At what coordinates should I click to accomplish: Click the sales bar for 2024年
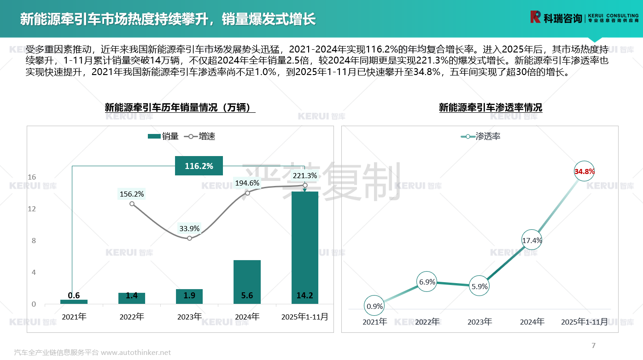coord(247,282)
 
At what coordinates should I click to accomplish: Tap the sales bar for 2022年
coord(132,298)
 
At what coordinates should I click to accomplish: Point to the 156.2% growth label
coord(132,194)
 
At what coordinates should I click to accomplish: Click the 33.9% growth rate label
coord(189,228)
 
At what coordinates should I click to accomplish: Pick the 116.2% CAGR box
coord(199,166)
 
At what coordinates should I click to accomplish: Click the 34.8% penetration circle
coord(585,172)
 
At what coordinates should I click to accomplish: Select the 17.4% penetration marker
coord(532,240)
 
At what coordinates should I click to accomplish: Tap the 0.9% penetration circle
coord(374,306)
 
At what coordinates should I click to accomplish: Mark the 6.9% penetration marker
coord(427,282)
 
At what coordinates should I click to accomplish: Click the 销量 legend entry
coord(164,136)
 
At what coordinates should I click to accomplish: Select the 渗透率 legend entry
coord(481,136)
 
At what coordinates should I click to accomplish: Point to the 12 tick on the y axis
coord(32,209)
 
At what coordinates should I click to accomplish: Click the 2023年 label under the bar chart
coord(189,317)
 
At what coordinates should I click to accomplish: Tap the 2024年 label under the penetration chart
coord(532,322)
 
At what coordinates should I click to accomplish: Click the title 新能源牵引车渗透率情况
coord(490,108)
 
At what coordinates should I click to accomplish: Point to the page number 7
coord(593,345)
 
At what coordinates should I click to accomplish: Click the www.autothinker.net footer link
coord(136,353)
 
